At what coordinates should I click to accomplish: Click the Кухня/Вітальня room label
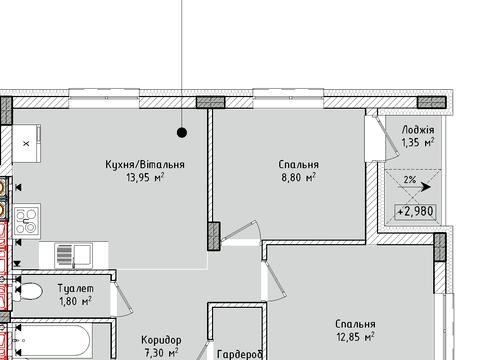[145, 164]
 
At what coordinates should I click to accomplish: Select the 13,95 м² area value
[145, 177]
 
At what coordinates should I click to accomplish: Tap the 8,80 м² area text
[298, 177]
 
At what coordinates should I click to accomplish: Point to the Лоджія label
[418, 130]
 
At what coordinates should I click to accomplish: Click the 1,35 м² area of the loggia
[418, 143]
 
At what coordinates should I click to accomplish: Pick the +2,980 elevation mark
[415, 211]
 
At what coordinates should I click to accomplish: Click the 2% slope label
[410, 180]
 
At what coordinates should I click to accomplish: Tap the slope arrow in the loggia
[414, 187]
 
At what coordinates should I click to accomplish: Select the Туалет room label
[76, 288]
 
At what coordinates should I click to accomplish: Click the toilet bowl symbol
[28, 292]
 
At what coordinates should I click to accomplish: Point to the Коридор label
[161, 340]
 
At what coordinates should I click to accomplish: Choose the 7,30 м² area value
[161, 353]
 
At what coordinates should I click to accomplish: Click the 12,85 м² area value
[355, 337]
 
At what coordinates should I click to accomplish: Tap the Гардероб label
[240, 354]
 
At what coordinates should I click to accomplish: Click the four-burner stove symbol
[27, 221]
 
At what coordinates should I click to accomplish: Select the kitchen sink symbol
[74, 255]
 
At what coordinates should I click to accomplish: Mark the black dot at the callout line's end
[182, 133]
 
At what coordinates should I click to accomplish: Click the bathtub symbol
[52, 342]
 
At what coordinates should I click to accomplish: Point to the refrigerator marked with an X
[27, 144]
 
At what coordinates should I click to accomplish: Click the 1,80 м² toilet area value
[75, 301]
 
